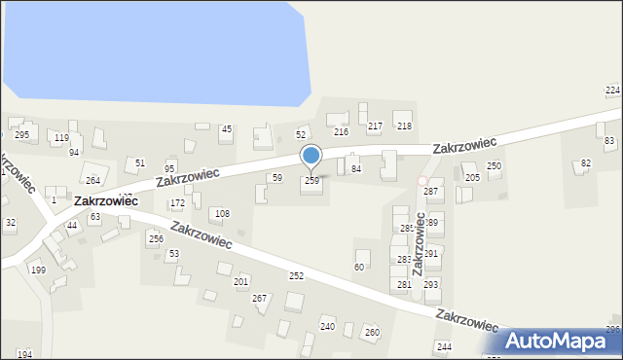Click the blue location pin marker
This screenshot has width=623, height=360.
pos(311,155)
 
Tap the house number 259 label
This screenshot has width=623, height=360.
pos(311,181)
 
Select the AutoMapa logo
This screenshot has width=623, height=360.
pos(560,341)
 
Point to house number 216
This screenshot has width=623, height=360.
pos(341,131)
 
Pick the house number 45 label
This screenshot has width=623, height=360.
pos(226,129)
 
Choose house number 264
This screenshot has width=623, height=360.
pos(92,180)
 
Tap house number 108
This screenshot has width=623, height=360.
pos(222,213)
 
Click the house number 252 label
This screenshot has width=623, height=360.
pos(296,276)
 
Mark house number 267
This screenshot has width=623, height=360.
pos(260,298)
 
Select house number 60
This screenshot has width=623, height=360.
pos(359,267)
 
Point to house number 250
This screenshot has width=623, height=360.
pos(494,166)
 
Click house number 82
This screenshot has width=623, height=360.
pos(585,162)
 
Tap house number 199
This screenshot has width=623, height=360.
pos(38,270)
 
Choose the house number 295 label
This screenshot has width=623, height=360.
pos(21,134)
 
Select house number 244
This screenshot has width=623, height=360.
pos(444,347)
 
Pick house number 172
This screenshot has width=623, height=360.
pos(177,203)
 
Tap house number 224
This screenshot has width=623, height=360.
pos(612,90)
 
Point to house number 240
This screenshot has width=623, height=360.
pos(328,327)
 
